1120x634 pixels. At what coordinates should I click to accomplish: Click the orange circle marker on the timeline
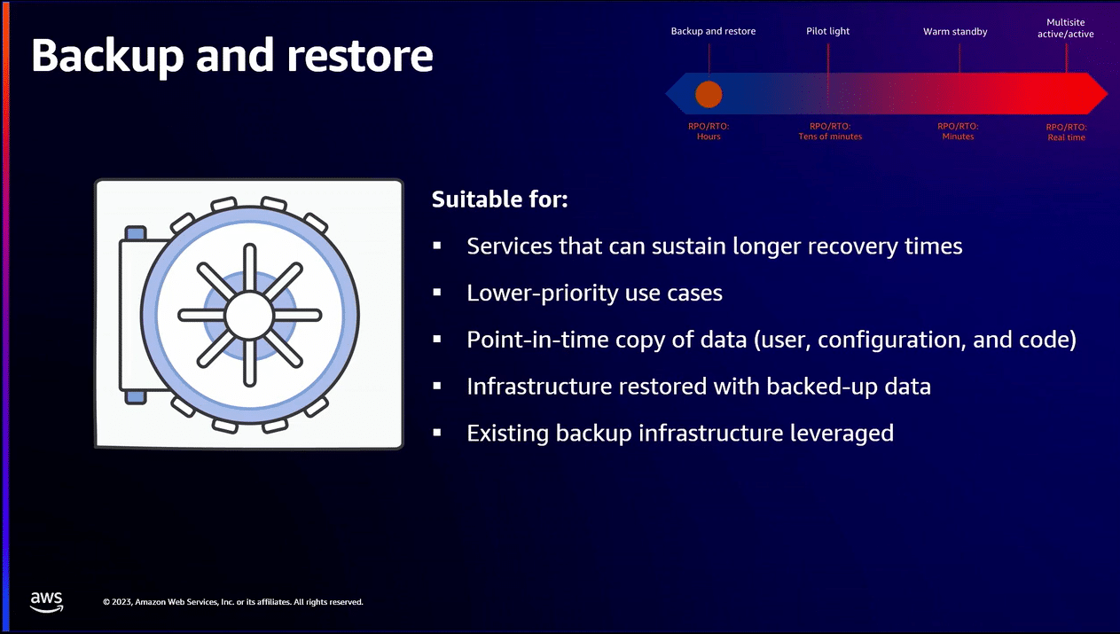coord(709,94)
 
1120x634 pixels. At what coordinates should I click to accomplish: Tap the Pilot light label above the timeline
coord(827,31)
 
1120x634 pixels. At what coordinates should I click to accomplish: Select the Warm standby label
coord(955,31)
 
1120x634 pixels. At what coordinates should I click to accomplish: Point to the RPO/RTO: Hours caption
coord(709,131)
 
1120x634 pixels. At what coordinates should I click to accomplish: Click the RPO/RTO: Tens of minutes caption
coord(830,131)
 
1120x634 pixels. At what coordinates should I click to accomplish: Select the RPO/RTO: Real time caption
coord(1066,132)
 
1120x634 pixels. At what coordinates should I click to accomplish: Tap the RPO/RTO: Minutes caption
coord(958,131)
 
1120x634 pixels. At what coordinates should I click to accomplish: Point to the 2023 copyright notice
coord(232,602)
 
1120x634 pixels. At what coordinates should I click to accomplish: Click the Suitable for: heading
coord(499,200)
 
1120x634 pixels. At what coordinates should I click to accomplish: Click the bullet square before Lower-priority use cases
coord(437,291)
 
